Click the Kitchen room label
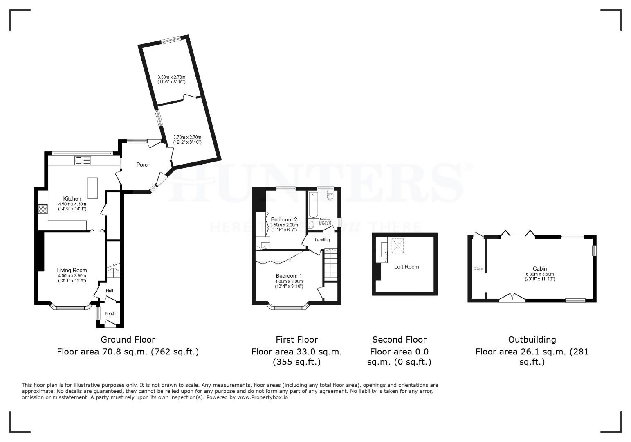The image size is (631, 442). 72,199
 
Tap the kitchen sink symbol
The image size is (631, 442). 83,160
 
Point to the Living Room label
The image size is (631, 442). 72,270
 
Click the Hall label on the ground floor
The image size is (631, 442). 110,291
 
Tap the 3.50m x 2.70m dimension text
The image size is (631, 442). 172,77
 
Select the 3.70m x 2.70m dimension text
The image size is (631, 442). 187,138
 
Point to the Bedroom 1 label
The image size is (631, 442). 289,276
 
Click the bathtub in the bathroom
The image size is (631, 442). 313,205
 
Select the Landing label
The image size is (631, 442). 322,240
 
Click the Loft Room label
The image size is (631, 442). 406,267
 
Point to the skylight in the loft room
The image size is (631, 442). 397,246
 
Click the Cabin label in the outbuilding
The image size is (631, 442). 540,269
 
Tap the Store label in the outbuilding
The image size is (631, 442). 478,269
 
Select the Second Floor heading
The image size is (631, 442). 399,340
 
